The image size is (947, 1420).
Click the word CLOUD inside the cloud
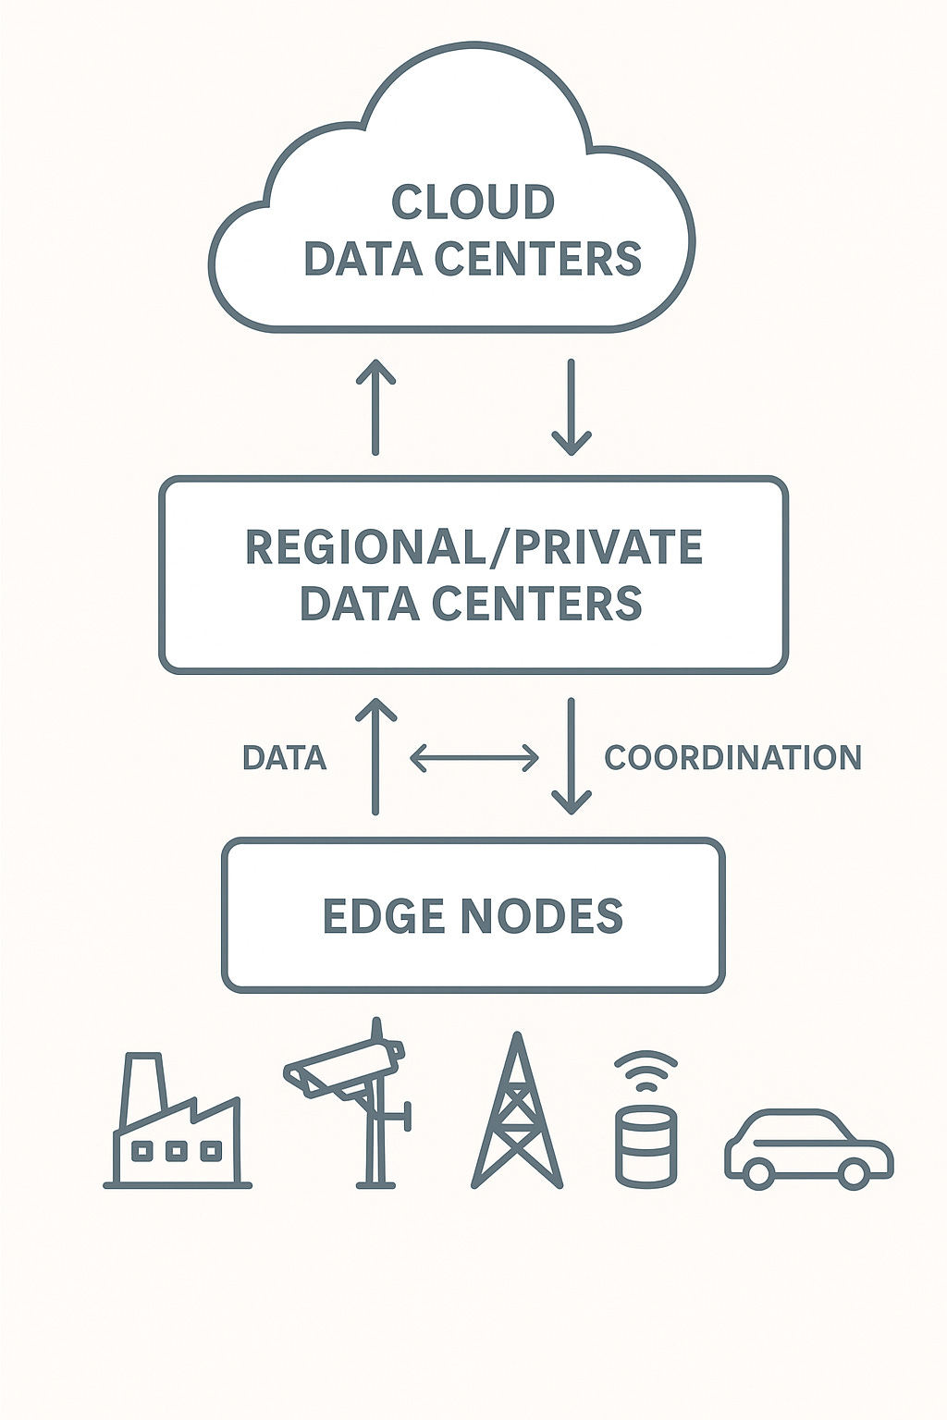[473, 202]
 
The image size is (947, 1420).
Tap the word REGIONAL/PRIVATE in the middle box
[473, 546]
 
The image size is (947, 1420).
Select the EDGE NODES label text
[473, 915]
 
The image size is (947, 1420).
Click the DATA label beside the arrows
[284, 758]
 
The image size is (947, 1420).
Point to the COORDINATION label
[732, 758]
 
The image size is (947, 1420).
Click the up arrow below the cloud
[375, 407]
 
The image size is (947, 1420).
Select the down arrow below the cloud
[571, 407]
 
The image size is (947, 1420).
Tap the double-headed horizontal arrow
[473, 758]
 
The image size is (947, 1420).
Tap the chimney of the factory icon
[143, 1086]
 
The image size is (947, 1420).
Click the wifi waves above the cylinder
[646, 1068]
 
